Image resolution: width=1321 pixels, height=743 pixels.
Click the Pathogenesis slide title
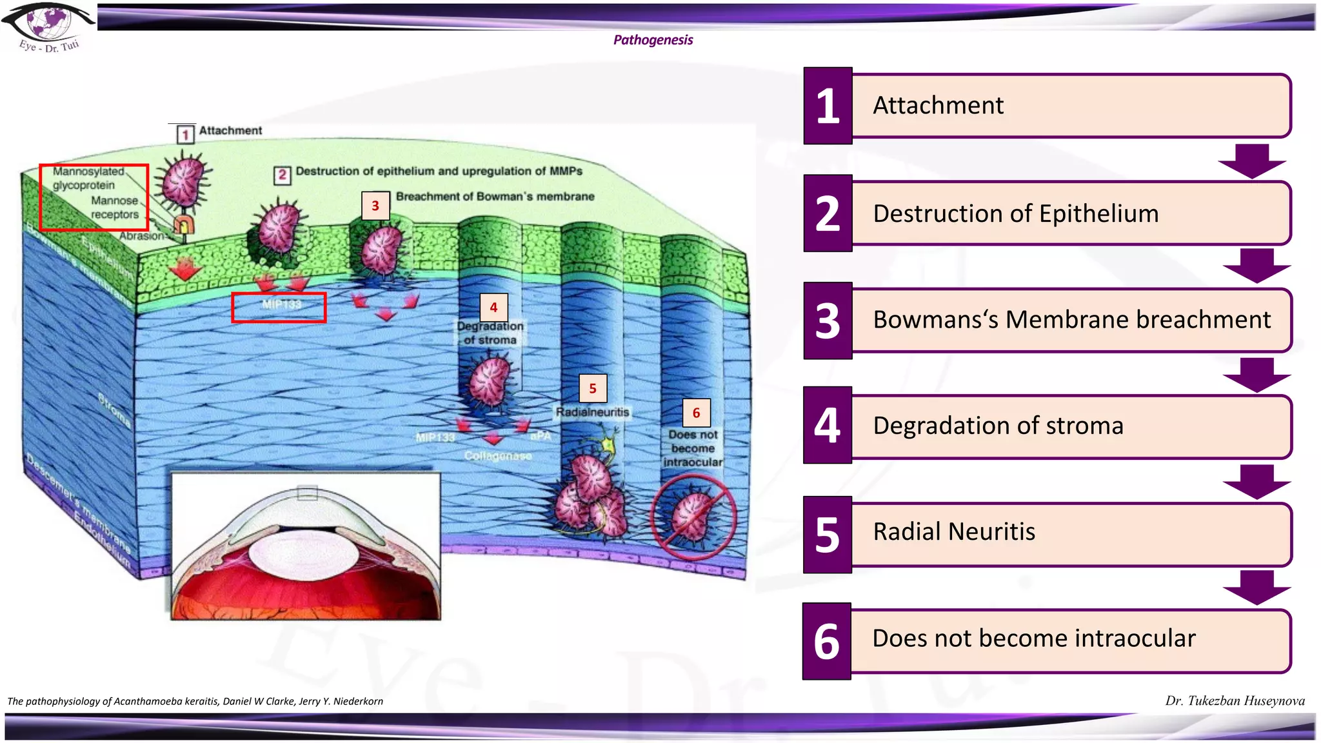tap(653, 40)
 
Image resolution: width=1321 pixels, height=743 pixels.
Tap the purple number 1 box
tap(828, 106)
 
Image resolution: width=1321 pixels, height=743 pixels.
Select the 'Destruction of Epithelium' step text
tap(1015, 213)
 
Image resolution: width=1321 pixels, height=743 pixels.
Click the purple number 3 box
tap(828, 321)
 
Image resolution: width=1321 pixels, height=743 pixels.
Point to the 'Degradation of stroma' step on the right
tap(998, 426)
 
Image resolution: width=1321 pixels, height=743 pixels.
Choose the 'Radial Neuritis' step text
tap(954, 531)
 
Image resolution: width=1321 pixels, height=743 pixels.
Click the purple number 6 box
tap(827, 641)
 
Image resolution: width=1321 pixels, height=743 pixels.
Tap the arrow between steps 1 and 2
tap(1252, 161)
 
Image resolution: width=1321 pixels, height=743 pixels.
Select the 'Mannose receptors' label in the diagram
tap(115, 208)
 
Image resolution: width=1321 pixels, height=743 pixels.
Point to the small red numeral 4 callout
tap(493, 308)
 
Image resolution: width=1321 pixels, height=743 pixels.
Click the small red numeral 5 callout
tap(593, 388)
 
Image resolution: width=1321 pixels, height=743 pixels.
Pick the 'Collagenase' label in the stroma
tap(497, 456)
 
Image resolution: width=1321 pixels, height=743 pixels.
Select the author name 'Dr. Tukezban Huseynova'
tap(1235, 701)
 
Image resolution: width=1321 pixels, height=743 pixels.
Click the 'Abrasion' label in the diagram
tap(141, 236)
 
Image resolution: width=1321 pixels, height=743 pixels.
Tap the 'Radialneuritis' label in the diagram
tap(592, 412)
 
